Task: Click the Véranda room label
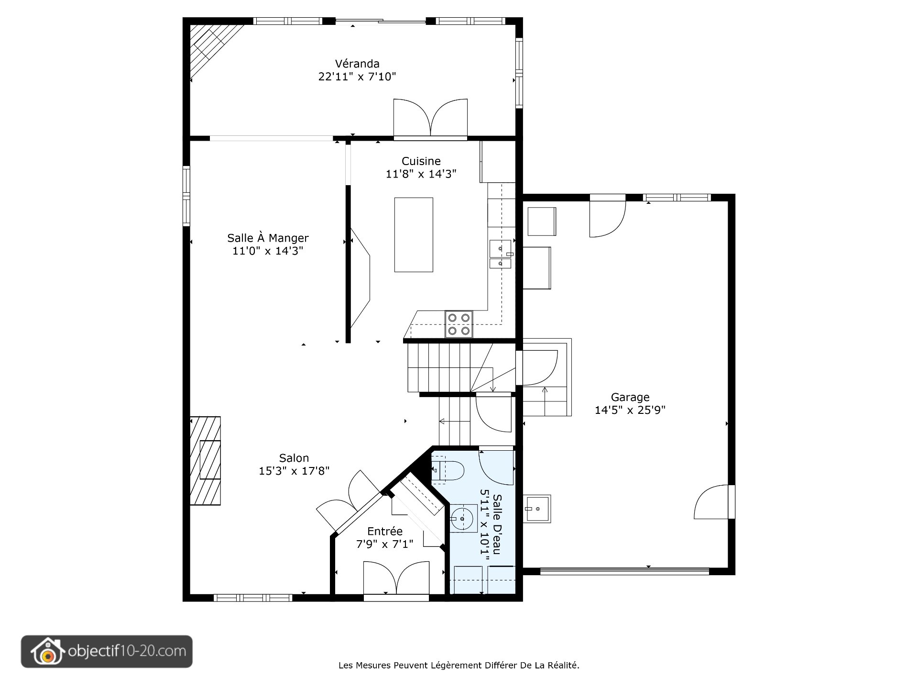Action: pyautogui.click(x=357, y=64)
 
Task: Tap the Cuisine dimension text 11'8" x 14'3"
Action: pyautogui.click(x=421, y=174)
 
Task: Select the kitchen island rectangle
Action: pyautogui.click(x=414, y=234)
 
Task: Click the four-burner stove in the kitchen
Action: pyautogui.click(x=459, y=324)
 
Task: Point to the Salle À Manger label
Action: pyautogui.click(x=268, y=238)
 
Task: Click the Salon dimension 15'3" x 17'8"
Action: pyautogui.click(x=294, y=471)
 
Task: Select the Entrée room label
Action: pyautogui.click(x=385, y=531)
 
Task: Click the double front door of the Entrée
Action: pyautogui.click(x=396, y=579)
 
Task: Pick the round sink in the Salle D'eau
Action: pyautogui.click(x=462, y=518)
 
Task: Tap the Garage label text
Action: pyautogui.click(x=630, y=397)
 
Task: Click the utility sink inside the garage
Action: pyautogui.click(x=537, y=509)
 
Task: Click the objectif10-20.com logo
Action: pyautogui.click(x=107, y=651)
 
